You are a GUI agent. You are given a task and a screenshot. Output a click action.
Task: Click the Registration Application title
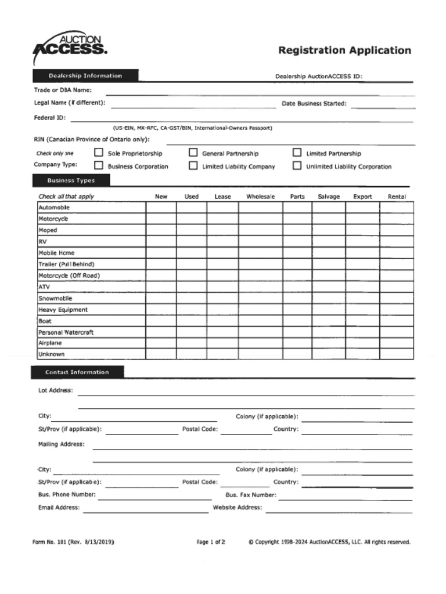tap(344, 50)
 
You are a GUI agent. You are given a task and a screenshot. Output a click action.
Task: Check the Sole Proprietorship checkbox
tap(99, 153)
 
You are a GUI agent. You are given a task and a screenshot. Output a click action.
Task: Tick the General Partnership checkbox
tap(193, 153)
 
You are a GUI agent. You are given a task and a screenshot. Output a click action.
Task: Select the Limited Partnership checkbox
tap(297, 153)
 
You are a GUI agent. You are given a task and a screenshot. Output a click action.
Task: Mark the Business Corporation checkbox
tap(99, 166)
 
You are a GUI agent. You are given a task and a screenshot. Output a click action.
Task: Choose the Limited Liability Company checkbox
tap(193, 166)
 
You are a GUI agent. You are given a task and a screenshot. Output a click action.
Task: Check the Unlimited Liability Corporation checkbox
tap(297, 166)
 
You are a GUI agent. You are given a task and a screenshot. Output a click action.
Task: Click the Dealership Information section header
tap(85, 76)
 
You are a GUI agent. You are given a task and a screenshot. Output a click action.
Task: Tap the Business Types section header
tap(71, 180)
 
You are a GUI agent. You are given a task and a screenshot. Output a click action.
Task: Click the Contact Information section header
tap(77, 372)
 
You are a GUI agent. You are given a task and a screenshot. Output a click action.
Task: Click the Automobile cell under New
tap(161, 208)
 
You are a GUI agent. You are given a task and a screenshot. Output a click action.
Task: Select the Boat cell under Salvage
tap(329, 321)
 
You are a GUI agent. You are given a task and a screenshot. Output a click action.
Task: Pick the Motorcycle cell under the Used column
tap(192, 219)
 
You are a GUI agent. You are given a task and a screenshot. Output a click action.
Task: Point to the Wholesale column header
tap(260, 197)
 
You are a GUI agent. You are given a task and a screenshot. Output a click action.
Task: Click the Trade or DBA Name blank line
tap(260, 93)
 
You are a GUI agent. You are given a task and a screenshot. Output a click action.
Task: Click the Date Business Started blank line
tap(383, 107)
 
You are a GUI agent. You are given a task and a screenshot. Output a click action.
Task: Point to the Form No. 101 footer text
tap(73, 542)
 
